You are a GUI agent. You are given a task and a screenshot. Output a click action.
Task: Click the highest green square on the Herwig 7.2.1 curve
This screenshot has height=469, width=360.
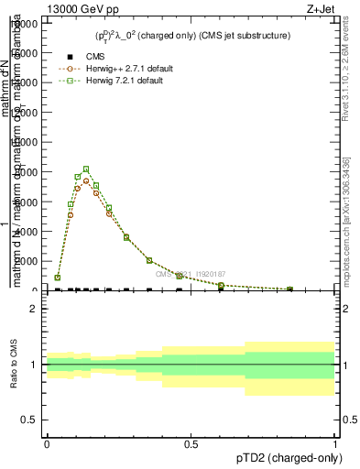[85, 169]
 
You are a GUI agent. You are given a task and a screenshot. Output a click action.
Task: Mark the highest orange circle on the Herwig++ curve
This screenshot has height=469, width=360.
[85, 180]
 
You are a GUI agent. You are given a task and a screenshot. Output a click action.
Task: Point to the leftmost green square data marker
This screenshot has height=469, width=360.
[57, 277]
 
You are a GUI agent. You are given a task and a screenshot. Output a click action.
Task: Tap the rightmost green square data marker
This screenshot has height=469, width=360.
[289, 289]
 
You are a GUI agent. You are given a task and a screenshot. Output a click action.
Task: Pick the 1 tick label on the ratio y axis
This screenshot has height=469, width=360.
[34, 365]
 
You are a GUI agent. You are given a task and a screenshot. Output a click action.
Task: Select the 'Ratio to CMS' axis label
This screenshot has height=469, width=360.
[13, 365]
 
